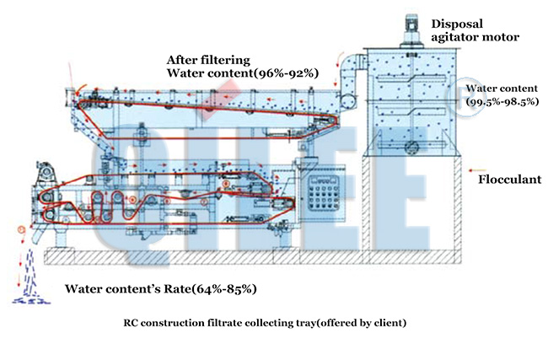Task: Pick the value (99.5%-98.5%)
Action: point(502,100)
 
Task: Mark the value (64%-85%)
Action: point(224,289)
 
